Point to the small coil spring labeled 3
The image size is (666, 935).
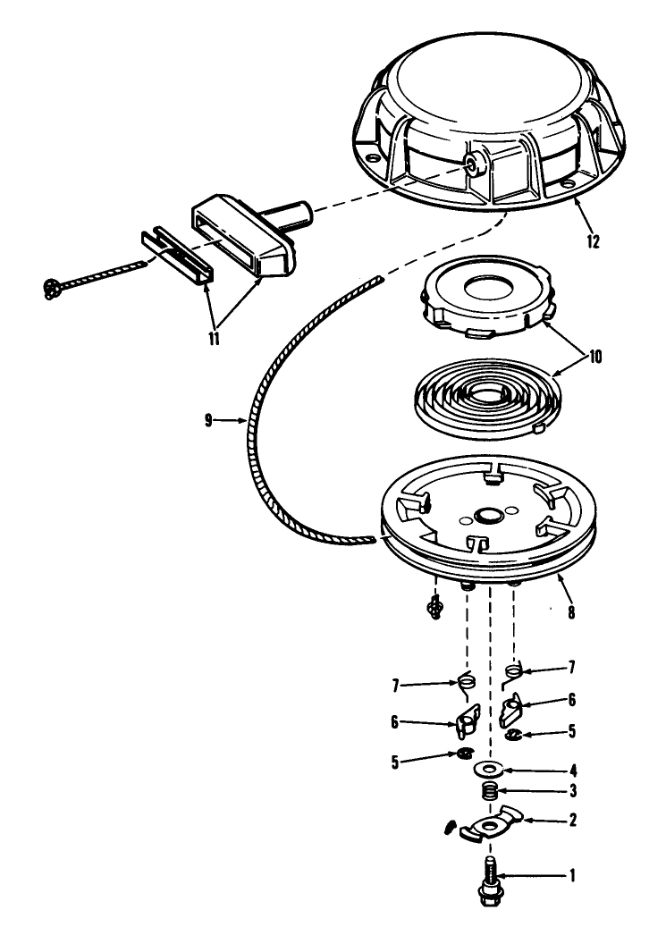[x=489, y=791]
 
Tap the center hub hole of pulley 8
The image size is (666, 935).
[x=488, y=518]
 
